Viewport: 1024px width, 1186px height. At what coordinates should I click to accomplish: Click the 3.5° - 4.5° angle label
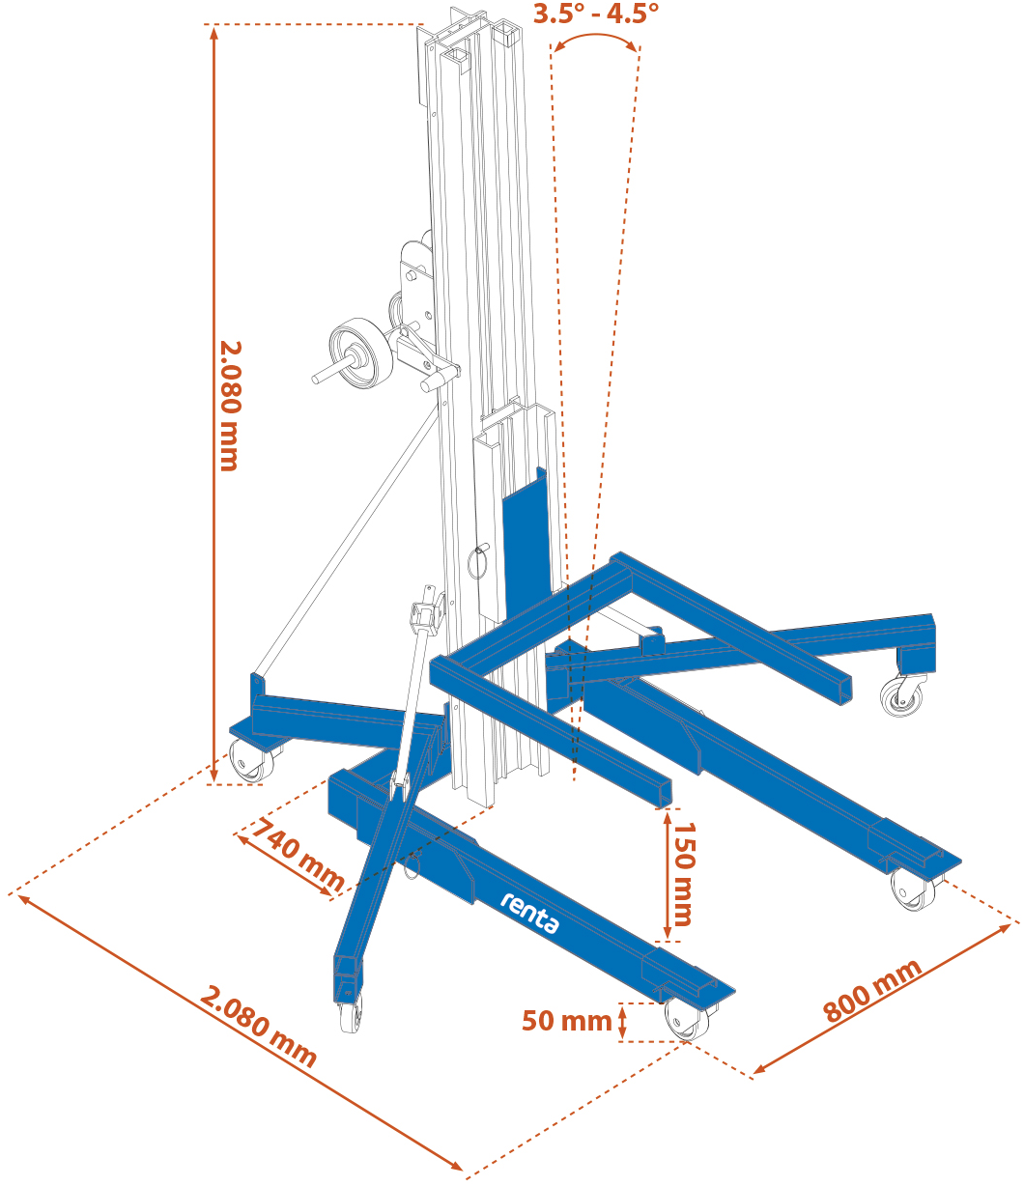pyautogui.click(x=596, y=14)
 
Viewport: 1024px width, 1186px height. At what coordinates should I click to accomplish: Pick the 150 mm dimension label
pyautogui.click(x=684, y=874)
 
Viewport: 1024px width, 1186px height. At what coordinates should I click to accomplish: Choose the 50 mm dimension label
pyautogui.click(x=567, y=1020)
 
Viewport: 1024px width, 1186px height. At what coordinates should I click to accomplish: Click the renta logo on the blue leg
pyautogui.click(x=529, y=913)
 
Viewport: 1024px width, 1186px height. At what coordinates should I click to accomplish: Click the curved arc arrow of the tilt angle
pyautogui.click(x=595, y=39)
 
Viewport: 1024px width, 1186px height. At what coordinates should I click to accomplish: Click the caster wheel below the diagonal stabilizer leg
pyautogui.click(x=351, y=1016)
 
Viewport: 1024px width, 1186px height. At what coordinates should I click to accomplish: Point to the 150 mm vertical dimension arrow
pyautogui.click(x=668, y=874)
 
